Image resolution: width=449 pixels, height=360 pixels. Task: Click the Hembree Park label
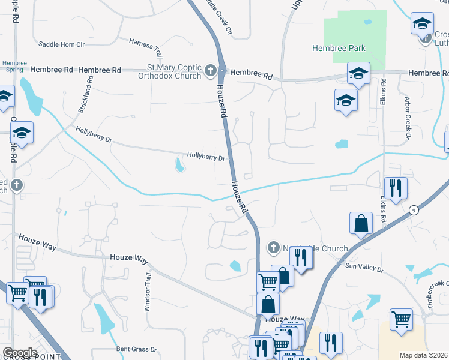pos(339,48)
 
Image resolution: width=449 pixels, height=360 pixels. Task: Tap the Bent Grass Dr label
pos(136,349)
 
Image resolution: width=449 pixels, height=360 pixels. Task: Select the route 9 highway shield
pos(414,210)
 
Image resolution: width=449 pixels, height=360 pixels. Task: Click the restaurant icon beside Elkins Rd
pos(395,187)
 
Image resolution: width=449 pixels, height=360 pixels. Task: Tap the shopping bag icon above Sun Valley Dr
pos(361,223)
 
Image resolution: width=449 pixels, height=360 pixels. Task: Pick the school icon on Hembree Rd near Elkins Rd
pos(358,73)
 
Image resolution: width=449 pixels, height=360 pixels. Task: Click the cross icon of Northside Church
pos(273,248)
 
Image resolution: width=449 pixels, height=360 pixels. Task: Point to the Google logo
pos(20,353)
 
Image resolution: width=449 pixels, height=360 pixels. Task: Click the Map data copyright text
pos(424,355)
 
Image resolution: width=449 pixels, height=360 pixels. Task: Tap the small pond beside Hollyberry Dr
pos(179,164)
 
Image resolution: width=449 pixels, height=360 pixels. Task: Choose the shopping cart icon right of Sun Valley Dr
pos(401,319)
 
